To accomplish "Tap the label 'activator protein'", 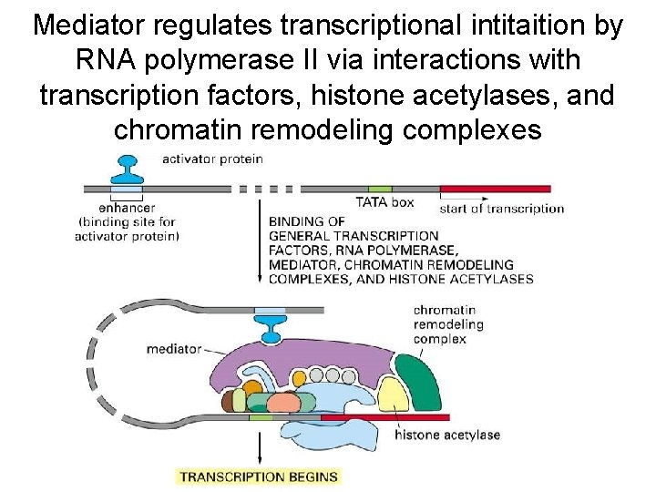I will (x=212, y=159).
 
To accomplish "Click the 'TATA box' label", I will (x=384, y=203).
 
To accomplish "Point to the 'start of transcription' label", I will (x=501, y=208).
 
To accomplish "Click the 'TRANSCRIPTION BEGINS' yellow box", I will (x=259, y=476).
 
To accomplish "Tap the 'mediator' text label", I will (x=174, y=349).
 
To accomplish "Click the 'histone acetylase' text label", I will (x=447, y=435).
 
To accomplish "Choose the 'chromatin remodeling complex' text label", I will (x=446, y=324).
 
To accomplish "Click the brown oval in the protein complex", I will (x=227, y=399).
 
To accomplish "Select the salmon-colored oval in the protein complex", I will (x=283, y=404).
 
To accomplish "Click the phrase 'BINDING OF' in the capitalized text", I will (x=306, y=220).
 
